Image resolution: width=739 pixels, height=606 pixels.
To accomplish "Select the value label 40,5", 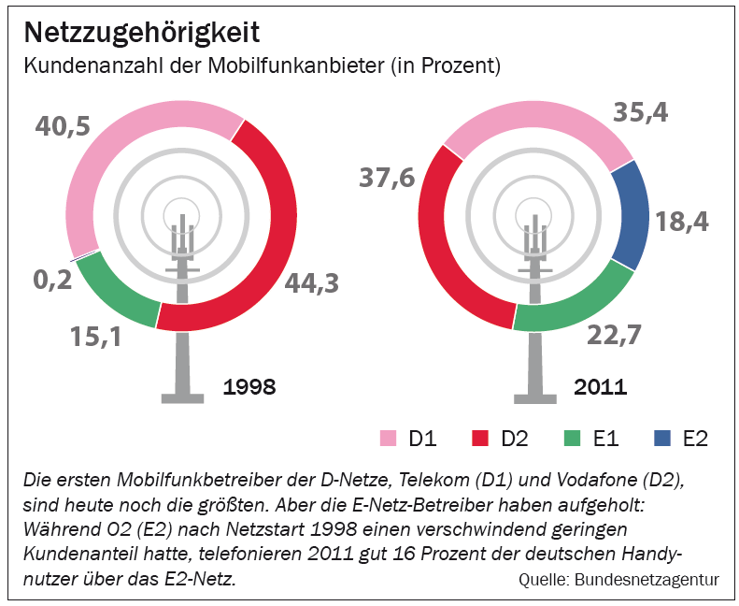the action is point(63,126).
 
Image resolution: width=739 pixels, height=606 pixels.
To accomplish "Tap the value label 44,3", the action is point(311,283).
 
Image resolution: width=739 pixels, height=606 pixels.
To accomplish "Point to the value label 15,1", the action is point(95,337).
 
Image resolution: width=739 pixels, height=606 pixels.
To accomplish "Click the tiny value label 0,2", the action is point(52,280).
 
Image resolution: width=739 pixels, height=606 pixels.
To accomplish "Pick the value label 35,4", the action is point(641,113).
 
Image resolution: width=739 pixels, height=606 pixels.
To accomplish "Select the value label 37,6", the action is point(387,179).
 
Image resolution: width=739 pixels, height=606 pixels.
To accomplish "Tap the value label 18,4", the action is point(681,222).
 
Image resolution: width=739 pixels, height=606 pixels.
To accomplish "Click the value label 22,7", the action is point(614,335).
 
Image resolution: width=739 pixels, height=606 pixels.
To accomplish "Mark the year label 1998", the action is point(249,387).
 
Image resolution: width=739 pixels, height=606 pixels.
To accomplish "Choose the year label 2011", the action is point(601,387).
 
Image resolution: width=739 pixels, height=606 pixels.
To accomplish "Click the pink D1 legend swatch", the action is point(388,438).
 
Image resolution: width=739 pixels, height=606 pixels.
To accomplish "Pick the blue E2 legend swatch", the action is point(662,438).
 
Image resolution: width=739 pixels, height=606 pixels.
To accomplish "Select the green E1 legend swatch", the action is point(572,438).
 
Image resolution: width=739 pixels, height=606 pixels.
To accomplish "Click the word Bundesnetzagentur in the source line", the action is point(647,580).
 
